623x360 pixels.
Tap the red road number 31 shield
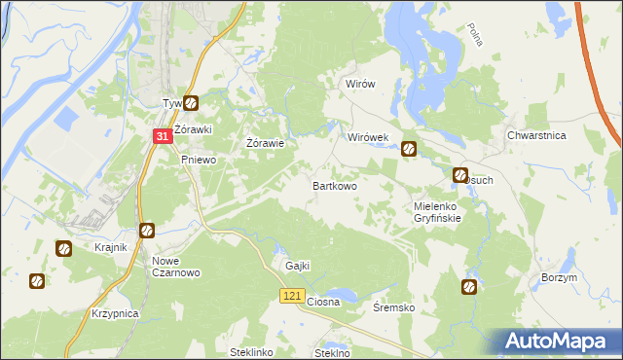164,138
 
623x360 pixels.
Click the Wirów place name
360,85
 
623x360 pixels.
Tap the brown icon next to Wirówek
410,149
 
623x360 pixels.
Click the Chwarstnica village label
537,136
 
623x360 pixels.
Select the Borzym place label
559,277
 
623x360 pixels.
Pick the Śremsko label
395,307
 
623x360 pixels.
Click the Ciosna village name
323,302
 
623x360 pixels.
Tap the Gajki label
297,266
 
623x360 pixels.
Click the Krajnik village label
111,247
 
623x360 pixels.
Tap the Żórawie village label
265,143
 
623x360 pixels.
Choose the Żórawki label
193,128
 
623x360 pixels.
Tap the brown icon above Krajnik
63,248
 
